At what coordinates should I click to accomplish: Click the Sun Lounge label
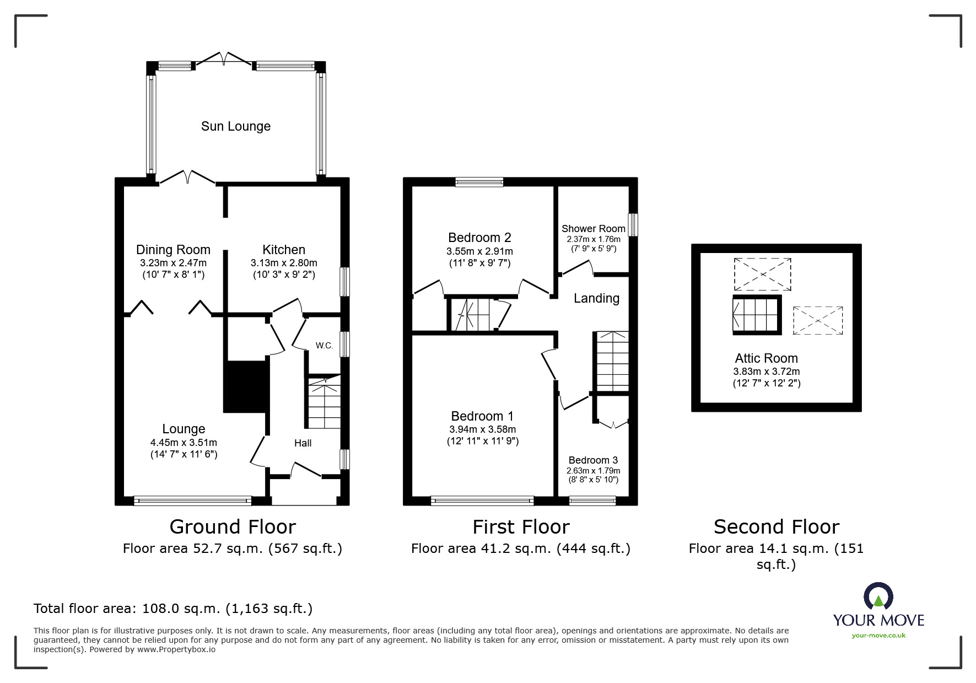[x=235, y=126]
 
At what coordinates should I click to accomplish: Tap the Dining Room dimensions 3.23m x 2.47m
[x=173, y=263]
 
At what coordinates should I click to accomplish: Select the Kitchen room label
[x=283, y=250]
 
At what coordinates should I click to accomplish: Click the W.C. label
[x=324, y=346]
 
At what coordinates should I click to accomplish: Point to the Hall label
[x=303, y=443]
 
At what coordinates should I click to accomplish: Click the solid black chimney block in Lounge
[x=245, y=386]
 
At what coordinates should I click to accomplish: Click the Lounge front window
[x=192, y=501]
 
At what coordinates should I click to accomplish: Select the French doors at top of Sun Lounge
[x=224, y=58]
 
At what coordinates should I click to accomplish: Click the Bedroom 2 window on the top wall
[x=479, y=181]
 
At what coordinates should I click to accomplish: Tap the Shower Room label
[x=593, y=228]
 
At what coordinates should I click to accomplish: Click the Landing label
[x=596, y=298]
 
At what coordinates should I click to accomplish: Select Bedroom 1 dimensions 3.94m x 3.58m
[x=482, y=429]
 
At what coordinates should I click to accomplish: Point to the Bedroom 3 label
[x=593, y=460]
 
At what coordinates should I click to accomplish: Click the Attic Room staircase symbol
[x=757, y=315]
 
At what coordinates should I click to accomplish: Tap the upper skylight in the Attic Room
[x=762, y=274]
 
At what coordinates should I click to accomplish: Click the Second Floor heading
[x=776, y=527]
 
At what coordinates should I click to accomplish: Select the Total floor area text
[x=173, y=609]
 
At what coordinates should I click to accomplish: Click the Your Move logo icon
[x=878, y=597]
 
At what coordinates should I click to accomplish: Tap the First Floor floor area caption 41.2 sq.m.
[x=520, y=548]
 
